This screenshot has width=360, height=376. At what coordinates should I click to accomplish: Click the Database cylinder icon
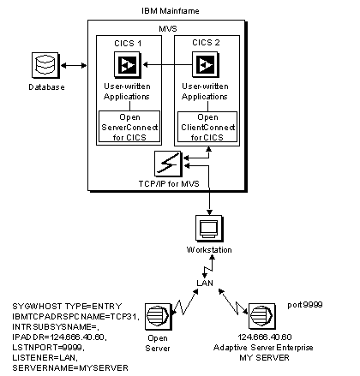pyautogui.click(x=45, y=65)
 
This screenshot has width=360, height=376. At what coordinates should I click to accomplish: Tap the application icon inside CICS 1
pyautogui.click(x=128, y=65)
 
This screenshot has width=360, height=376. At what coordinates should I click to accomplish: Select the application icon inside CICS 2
pyautogui.click(x=206, y=65)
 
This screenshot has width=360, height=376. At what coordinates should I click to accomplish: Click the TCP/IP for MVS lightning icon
pyautogui.click(x=168, y=164)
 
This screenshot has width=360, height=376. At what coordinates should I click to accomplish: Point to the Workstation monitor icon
pyautogui.click(x=209, y=229)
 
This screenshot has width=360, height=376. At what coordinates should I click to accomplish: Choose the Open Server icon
pyautogui.click(x=159, y=316)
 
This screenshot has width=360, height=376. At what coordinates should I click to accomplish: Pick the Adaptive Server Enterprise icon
pyautogui.click(x=262, y=316)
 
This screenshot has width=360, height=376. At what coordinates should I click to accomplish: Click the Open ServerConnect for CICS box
pyautogui.click(x=129, y=127)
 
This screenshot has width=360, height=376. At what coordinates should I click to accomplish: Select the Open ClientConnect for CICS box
pyautogui.click(x=207, y=127)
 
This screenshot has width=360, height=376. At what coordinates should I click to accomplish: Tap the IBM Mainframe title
pyautogui.click(x=171, y=11)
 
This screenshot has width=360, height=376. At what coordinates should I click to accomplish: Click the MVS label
pyautogui.click(x=168, y=28)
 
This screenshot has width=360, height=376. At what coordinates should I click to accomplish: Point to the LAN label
pyautogui.click(x=205, y=283)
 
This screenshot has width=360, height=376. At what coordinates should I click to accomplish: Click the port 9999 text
pyautogui.click(x=305, y=305)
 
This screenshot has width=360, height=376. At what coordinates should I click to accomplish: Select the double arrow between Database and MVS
pyautogui.click(x=74, y=66)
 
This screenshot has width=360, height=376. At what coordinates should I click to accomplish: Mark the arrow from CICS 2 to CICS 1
pyautogui.click(x=167, y=65)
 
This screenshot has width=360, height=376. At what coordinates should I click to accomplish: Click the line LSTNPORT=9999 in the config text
pyautogui.click(x=48, y=348)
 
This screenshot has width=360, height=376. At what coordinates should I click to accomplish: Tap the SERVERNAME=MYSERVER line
pyautogui.click(x=70, y=367)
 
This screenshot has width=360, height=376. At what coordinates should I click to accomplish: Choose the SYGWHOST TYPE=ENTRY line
pyautogui.click(x=67, y=307)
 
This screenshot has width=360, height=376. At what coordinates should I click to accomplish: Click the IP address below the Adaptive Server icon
pyautogui.click(x=265, y=337)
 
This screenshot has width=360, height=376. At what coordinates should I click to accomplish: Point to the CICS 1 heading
pyautogui.click(x=128, y=44)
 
